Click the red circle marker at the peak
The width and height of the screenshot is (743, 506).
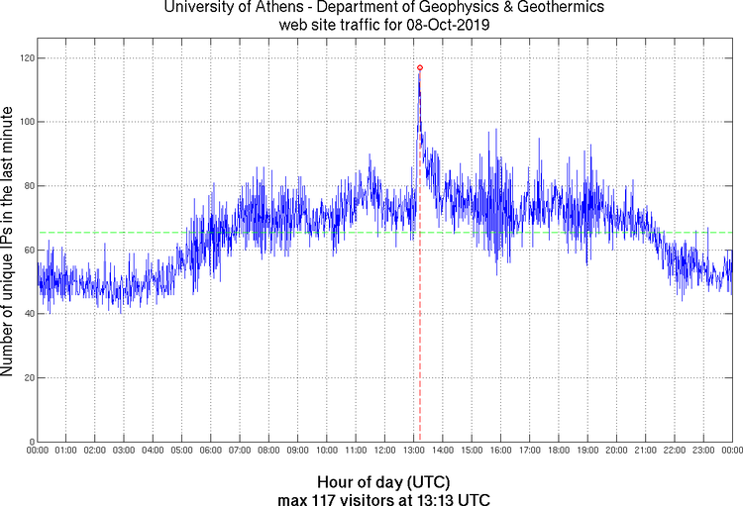click(x=420, y=67)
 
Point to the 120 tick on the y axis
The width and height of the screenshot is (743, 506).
click(x=26, y=58)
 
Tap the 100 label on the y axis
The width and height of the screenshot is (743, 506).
click(x=26, y=122)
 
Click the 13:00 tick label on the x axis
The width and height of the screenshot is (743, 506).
click(x=414, y=451)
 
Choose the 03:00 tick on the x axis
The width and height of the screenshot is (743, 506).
click(x=125, y=451)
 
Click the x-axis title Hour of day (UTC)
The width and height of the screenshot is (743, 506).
click(x=384, y=482)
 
